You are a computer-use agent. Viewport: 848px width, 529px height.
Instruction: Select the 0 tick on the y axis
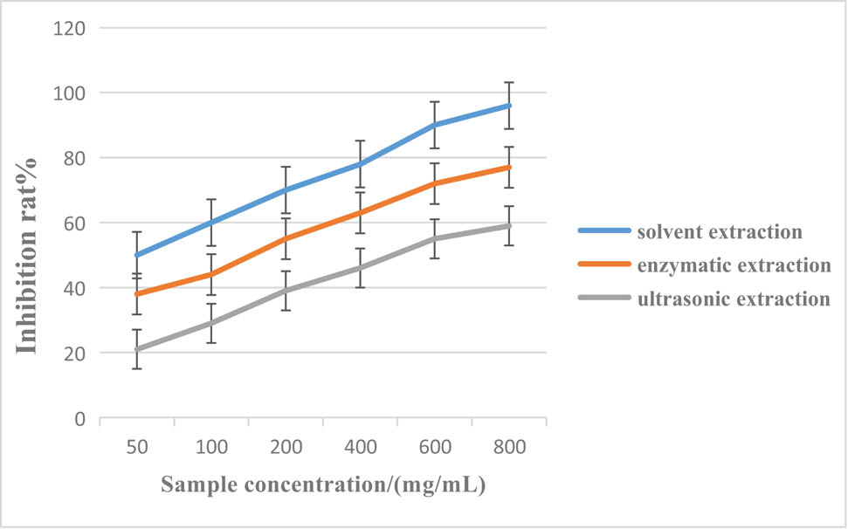tap(79, 419)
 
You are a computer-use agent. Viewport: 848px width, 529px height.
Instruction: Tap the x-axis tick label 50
tap(137, 447)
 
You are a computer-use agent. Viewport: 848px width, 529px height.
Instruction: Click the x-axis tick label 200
tap(286, 447)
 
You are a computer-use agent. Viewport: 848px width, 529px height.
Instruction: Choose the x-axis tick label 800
tap(509, 447)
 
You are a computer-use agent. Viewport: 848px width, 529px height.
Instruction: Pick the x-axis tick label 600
tap(435, 447)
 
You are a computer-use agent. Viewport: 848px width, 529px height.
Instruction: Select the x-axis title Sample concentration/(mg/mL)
tap(323, 484)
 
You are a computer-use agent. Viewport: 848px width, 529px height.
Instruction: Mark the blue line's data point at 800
tap(509, 106)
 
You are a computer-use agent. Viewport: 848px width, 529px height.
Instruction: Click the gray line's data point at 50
tap(137, 349)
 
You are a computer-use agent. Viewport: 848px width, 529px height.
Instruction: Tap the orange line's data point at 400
tap(361, 212)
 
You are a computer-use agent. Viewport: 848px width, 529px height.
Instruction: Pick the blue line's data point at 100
tap(211, 223)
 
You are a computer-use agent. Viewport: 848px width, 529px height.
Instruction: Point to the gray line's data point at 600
tap(435, 238)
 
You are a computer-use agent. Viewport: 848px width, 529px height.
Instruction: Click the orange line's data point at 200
tap(286, 238)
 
